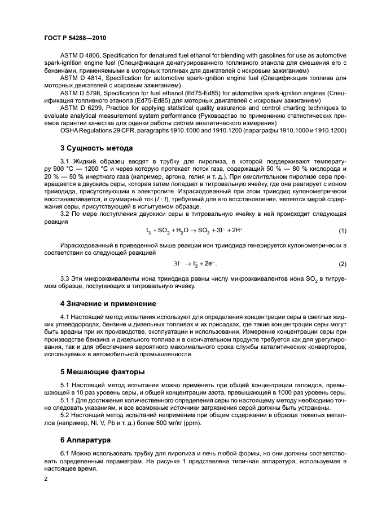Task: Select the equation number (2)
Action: pyautogui.click(x=342, y=264)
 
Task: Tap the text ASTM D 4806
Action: pyautogui.click(x=79, y=56)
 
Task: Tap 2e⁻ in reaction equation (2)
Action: pyautogui.click(x=209, y=264)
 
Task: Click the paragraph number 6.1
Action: pyautogui.click(x=66, y=453)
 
